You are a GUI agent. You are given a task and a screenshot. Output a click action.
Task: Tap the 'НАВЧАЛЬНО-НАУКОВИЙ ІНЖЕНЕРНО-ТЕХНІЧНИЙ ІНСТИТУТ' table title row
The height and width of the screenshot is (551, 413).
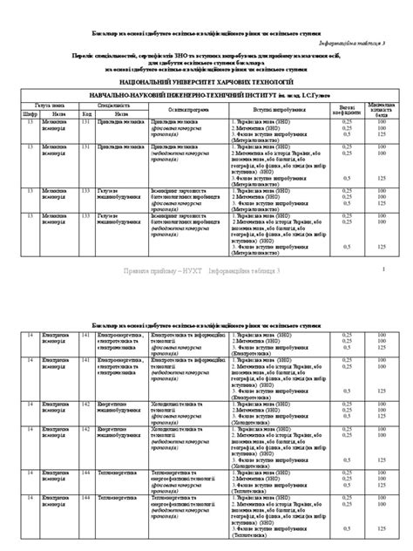tap(207, 92)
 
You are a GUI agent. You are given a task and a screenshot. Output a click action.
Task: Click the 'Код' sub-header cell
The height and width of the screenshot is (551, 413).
tap(86, 112)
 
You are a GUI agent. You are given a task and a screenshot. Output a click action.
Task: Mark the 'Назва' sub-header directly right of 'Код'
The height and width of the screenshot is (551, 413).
tap(123, 112)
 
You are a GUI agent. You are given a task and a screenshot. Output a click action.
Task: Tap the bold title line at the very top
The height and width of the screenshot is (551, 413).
tap(206, 32)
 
